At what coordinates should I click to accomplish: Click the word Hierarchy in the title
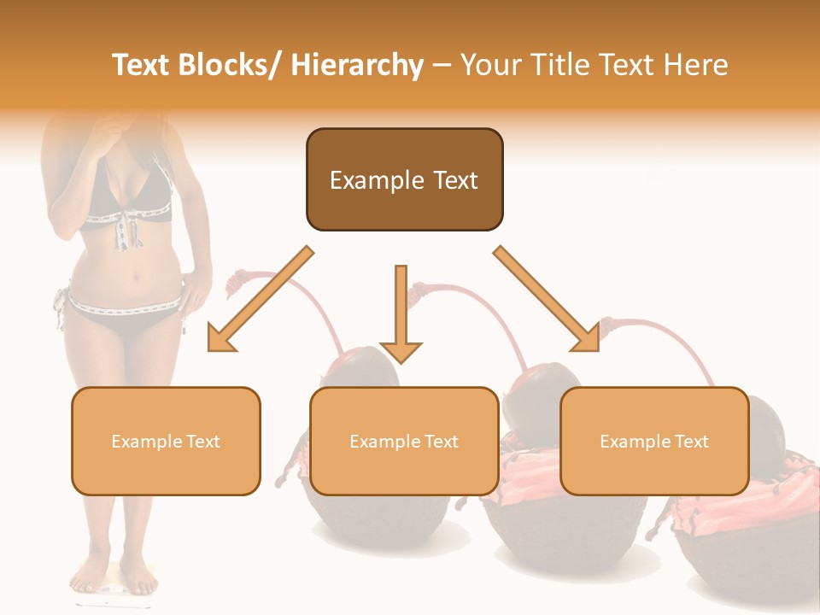pos(357,65)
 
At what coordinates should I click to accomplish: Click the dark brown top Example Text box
pos(404,179)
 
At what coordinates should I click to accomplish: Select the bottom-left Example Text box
pos(166,441)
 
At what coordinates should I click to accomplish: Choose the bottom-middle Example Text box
pos(404,441)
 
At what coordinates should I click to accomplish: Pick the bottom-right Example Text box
pos(654,441)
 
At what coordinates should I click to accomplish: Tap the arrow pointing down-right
pos(547,299)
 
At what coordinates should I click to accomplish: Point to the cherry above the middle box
pos(367,367)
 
